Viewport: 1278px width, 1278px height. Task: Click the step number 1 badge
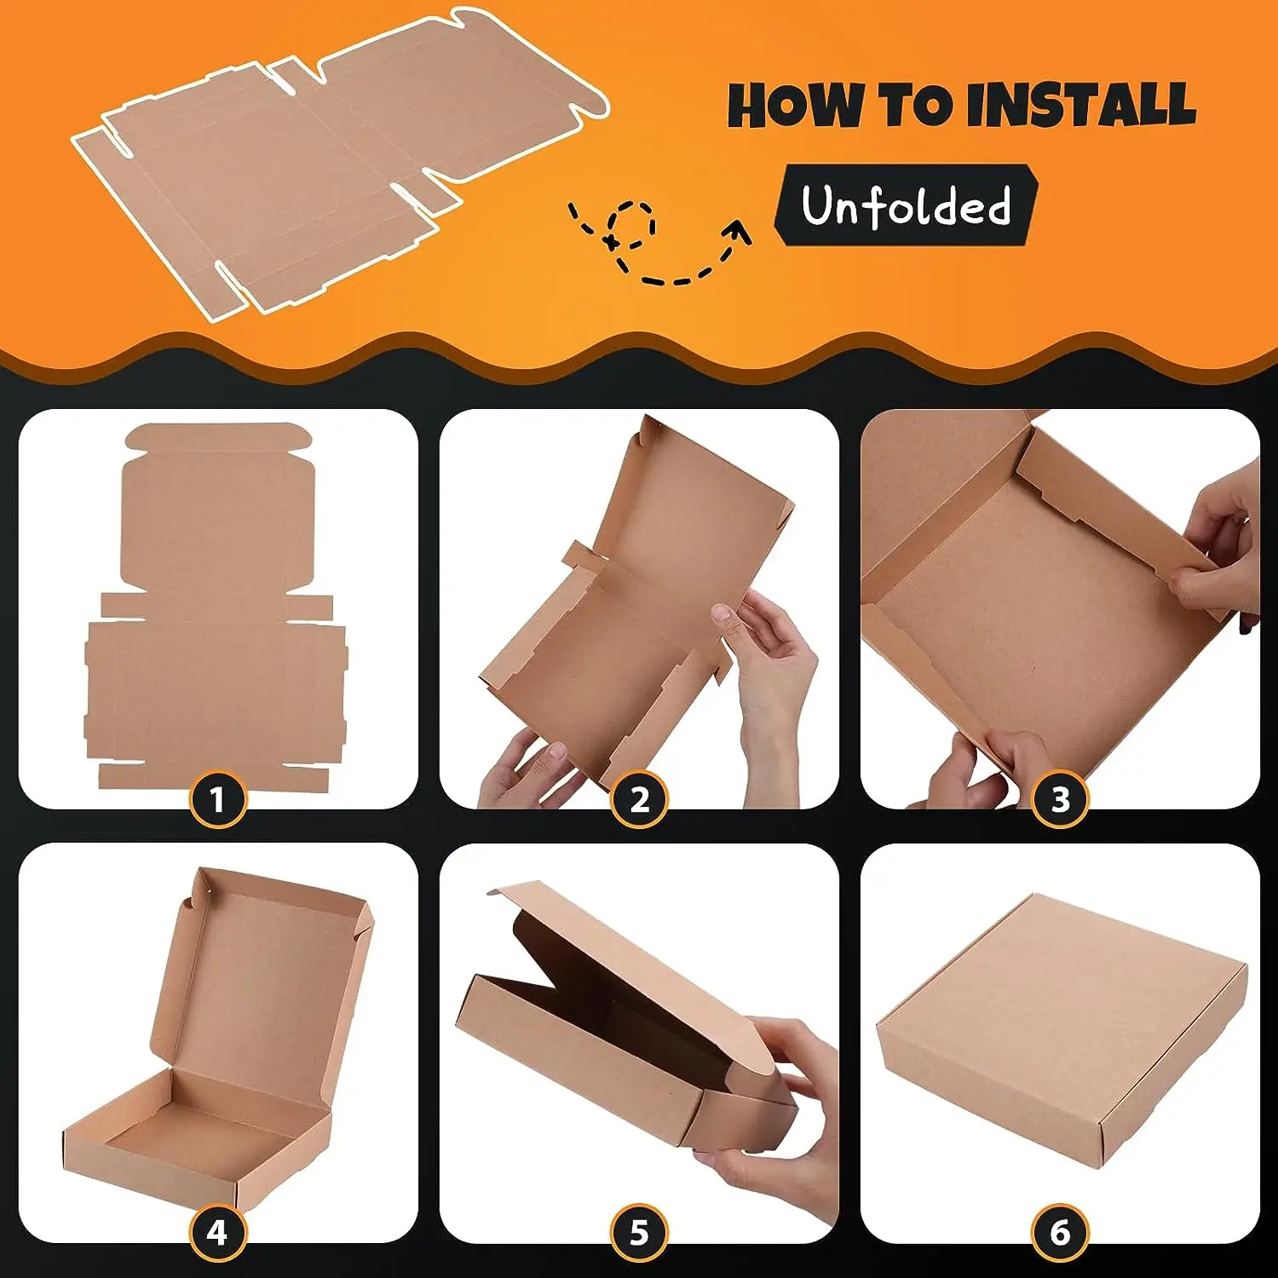point(217,799)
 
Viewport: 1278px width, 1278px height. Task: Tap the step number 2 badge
point(639,799)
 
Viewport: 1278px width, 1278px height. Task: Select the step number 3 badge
point(1060,799)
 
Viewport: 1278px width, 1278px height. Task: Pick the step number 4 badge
point(217,1232)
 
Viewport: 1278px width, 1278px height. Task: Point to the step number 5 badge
point(639,1232)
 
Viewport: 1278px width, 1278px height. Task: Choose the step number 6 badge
point(1060,1232)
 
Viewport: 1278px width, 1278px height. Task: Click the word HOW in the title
point(797,106)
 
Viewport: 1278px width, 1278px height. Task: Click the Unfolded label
point(906,205)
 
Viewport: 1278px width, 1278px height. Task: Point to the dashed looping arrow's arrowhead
point(738,232)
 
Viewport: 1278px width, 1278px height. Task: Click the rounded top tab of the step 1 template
point(218,438)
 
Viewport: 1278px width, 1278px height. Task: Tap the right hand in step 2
point(771,673)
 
